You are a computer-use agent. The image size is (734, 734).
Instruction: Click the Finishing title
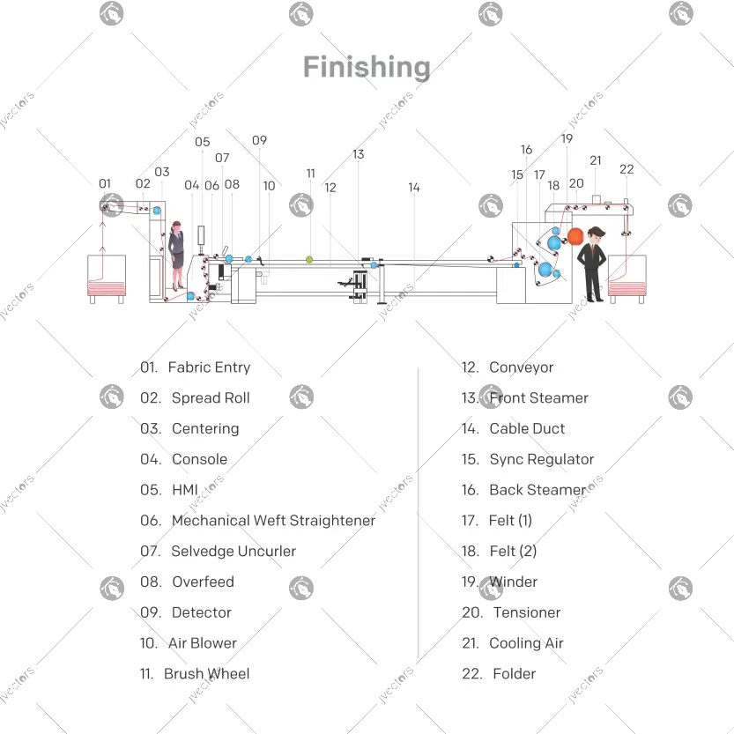tap(367, 68)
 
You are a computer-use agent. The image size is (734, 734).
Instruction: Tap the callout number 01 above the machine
tap(105, 184)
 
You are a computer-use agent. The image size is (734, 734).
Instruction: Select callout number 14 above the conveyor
tap(414, 188)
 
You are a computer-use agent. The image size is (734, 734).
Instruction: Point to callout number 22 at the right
tap(626, 169)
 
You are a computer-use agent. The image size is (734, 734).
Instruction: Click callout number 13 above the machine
tap(358, 154)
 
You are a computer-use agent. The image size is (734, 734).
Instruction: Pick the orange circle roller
tap(575, 235)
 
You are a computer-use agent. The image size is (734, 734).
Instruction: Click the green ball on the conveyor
tap(309, 259)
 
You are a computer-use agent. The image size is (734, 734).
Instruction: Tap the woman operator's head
tap(177, 227)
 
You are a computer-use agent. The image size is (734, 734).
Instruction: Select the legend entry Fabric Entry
tap(209, 367)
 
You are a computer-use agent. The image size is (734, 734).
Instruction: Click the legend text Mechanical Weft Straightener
tap(273, 521)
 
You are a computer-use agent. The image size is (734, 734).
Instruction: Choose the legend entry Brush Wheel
tap(206, 674)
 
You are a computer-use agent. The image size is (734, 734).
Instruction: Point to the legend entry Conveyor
tap(522, 367)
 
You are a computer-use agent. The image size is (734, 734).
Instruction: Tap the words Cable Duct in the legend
tap(527, 429)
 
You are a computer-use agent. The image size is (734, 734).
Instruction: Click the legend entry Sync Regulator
tap(541, 460)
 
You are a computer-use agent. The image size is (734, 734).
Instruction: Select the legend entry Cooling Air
tap(526, 643)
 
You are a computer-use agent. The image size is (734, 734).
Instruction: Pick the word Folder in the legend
tap(515, 674)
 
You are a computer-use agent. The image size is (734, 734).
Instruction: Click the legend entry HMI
tap(185, 490)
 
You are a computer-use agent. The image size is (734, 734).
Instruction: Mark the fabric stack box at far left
tap(106, 278)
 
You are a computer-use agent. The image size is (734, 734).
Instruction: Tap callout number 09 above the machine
tap(259, 140)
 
